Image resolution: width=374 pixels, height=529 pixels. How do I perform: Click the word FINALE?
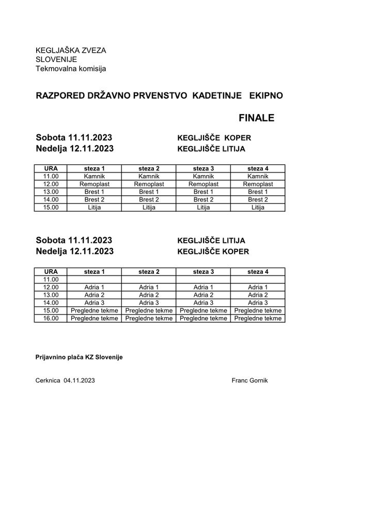pos(257,118)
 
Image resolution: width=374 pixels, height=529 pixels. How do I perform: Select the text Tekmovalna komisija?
pos(70,68)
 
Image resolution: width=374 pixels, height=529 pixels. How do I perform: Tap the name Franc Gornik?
pos(251,380)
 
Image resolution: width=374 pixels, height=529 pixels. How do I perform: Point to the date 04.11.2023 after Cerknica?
pos(79,380)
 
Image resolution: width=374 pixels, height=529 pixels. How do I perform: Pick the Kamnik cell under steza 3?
pos(204,176)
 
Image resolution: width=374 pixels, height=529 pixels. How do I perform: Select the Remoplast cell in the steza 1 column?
pos(95,184)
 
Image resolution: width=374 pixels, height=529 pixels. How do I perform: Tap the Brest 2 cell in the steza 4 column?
pos(258,199)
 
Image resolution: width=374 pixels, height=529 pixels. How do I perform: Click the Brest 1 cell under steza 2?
pos(149,192)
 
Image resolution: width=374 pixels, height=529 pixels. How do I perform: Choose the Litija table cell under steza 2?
pos(149,207)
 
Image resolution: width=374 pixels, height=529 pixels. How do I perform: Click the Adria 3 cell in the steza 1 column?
pos(95,303)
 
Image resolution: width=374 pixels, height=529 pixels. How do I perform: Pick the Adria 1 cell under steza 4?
pos(258,287)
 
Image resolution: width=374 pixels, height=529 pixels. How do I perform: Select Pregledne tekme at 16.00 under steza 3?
pos(204,318)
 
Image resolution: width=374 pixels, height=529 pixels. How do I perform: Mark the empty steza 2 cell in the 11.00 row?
pos(149,279)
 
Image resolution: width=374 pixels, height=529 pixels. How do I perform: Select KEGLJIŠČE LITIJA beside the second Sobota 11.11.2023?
pos(211,241)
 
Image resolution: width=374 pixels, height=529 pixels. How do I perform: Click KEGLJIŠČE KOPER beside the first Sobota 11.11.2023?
pos(214,138)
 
